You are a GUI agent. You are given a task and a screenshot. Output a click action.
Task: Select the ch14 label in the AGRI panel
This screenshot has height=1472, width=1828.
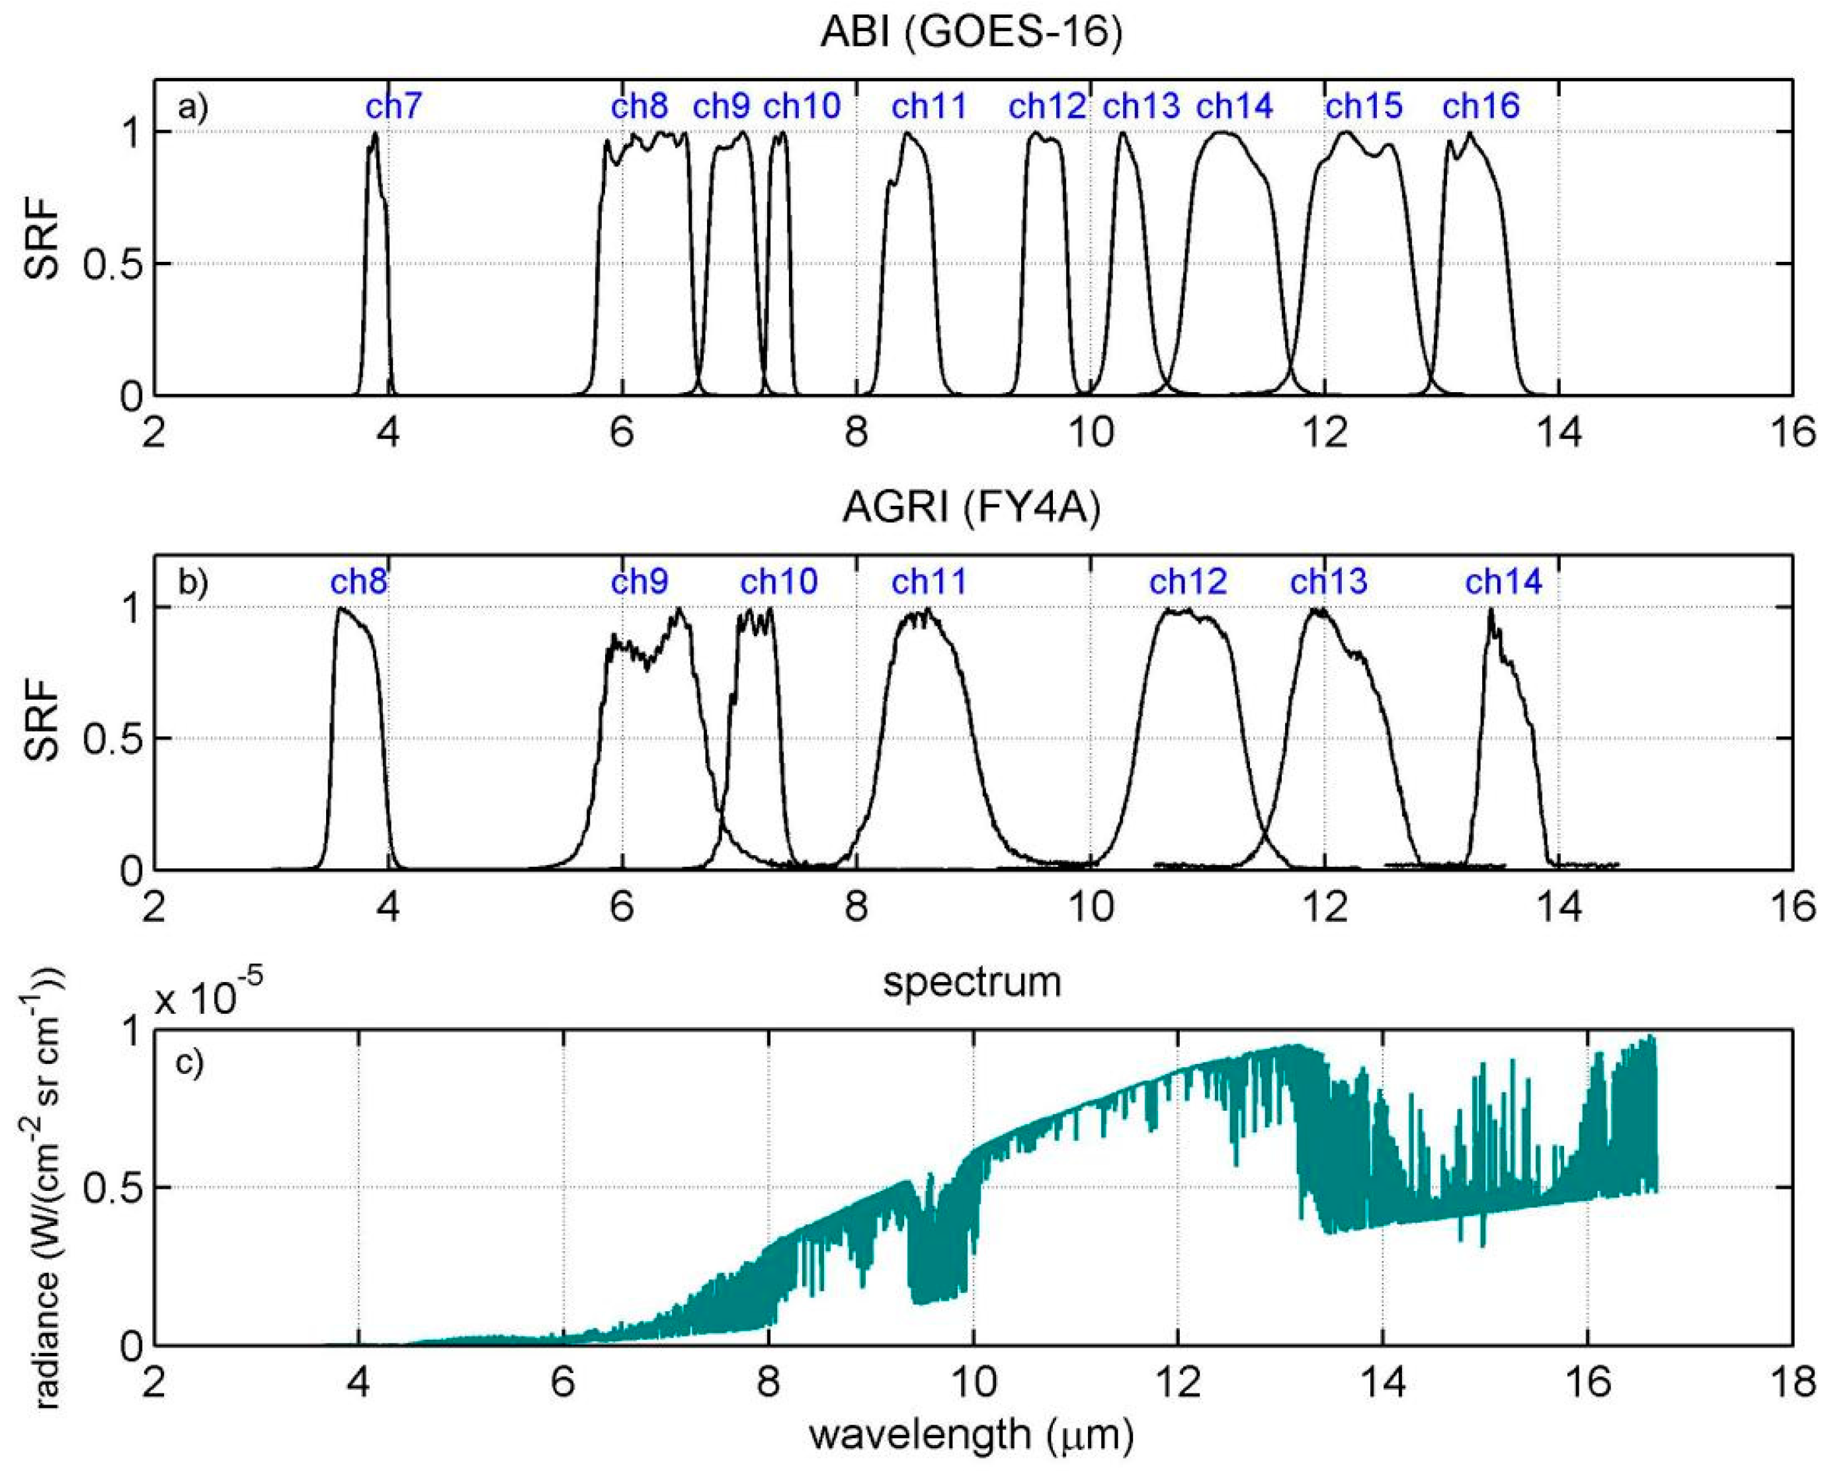tap(1504, 582)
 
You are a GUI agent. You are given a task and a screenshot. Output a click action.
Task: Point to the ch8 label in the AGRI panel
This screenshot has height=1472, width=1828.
tap(358, 582)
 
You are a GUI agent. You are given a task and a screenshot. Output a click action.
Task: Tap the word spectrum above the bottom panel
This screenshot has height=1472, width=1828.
tap(972, 982)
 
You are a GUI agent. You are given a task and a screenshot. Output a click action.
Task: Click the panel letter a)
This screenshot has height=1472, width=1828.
tap(192, 108)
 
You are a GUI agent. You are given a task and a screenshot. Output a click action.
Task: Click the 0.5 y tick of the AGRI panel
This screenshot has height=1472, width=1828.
tap(110, 739)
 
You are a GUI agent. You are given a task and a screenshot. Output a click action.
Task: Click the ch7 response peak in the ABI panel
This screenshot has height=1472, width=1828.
tap(375, 133)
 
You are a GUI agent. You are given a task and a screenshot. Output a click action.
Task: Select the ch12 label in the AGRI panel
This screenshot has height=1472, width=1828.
tap(1188, 582)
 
